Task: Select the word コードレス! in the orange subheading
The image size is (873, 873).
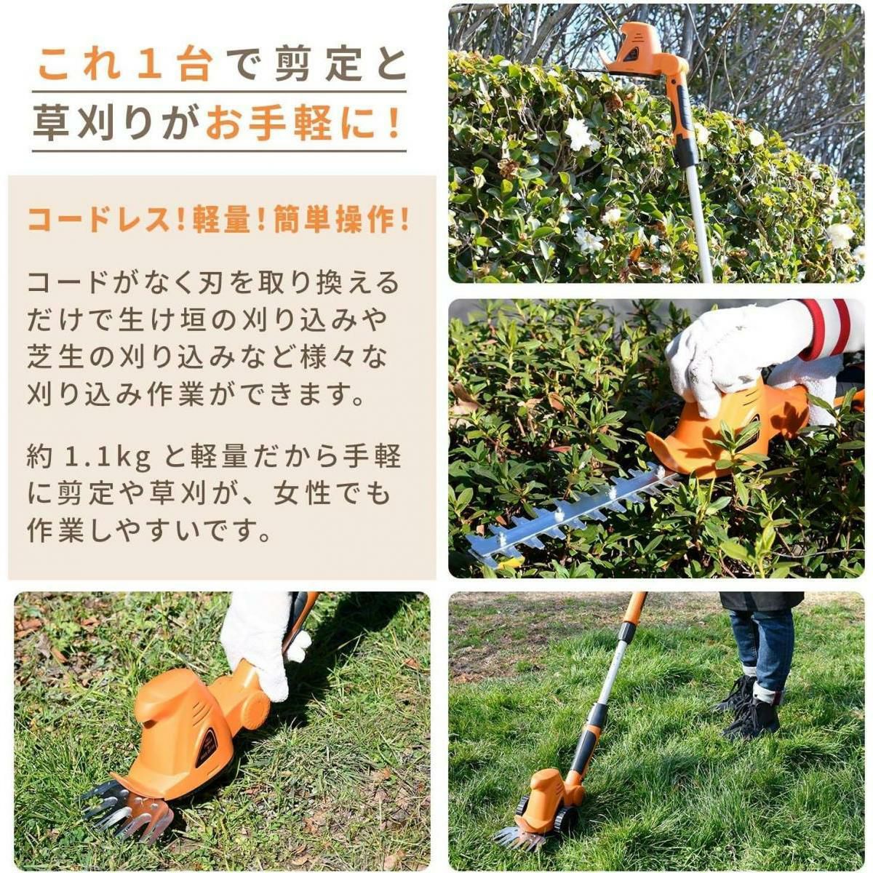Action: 106,220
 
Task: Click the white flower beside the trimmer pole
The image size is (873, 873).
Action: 579,134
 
